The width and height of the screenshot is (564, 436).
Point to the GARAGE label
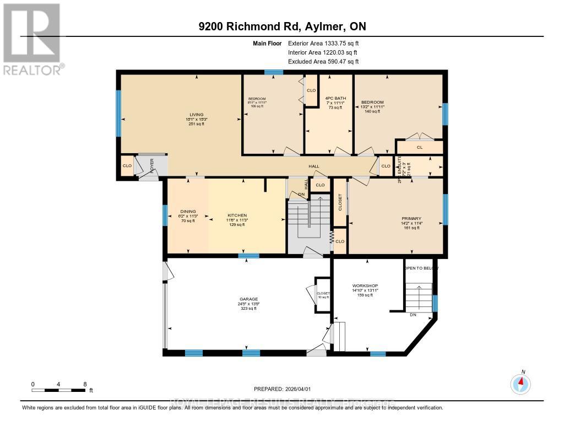(248, 299)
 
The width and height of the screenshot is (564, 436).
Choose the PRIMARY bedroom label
(410, 219)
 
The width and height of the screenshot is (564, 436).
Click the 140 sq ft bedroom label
(372, 103)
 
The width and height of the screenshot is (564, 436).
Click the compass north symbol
(520, 383)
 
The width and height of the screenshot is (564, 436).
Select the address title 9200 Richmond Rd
(281, 26)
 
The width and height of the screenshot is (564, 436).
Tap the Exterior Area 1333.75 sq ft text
(323, 43)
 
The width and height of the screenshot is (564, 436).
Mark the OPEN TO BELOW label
(421, 268)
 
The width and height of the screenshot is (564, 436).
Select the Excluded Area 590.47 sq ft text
(323, 62)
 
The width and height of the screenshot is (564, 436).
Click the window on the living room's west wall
(118, 114)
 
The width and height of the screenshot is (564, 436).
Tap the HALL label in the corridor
(313, 166)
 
